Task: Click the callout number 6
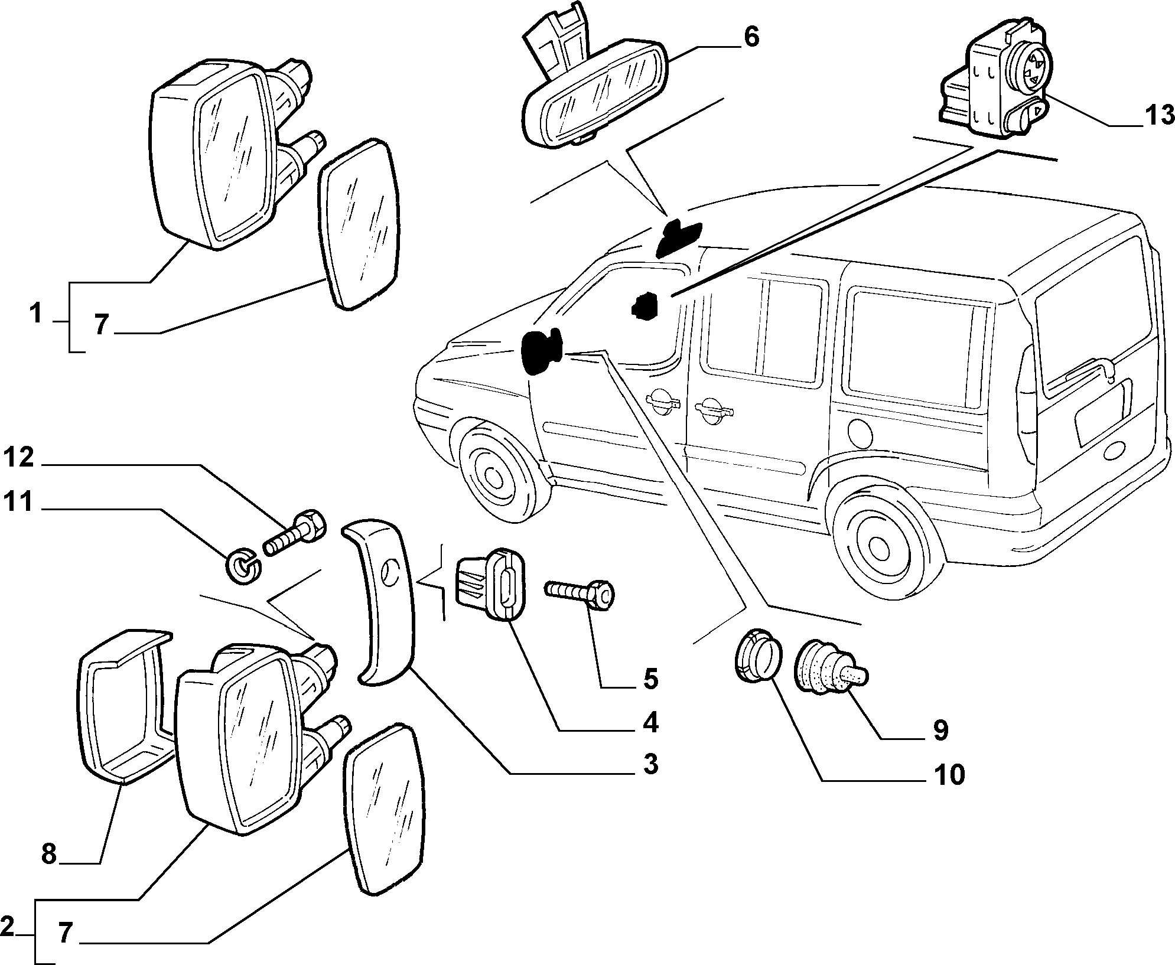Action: pyautogui.click(x=751, y=37)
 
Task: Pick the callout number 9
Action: pyautogui.click(x=940, y=731)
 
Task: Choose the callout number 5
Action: pyautogui.click(x=650, y=679)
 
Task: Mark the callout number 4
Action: pyautogui.click(x=650, y=723)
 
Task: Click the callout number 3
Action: pyautogui.click(x=650, y=765)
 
